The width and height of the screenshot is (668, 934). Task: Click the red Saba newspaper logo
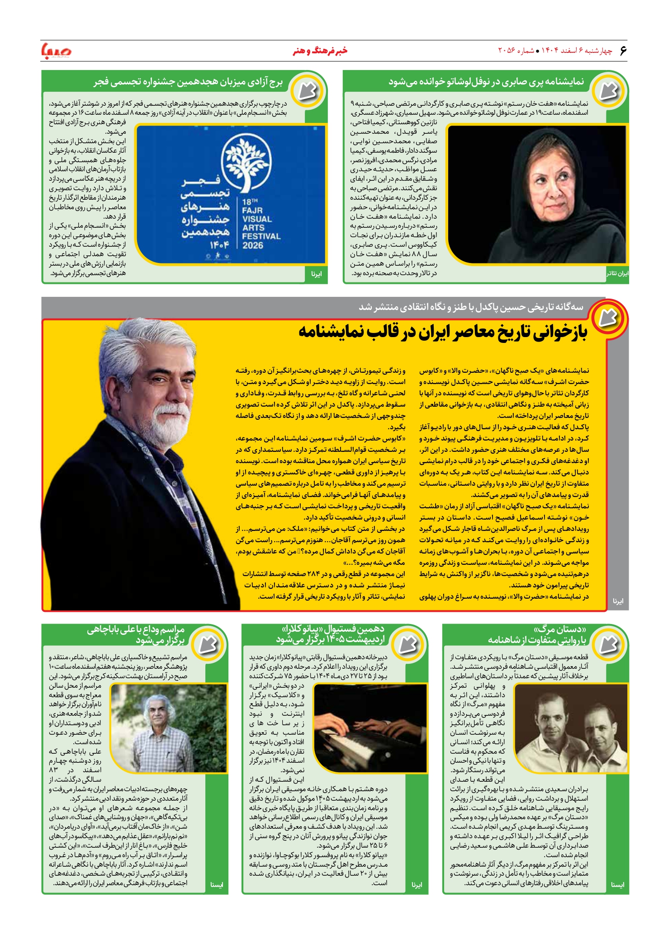[56, 51]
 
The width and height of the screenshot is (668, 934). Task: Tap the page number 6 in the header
[623, 51]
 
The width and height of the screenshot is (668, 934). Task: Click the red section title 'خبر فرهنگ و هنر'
[320, 51]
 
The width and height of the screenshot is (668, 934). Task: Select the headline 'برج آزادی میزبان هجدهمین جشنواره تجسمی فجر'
[188, 82]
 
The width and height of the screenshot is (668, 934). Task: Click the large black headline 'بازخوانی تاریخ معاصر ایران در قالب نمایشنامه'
[442, 332]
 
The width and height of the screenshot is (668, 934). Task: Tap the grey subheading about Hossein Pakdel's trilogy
[471, 307]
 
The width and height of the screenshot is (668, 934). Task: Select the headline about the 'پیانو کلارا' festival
[330, 634]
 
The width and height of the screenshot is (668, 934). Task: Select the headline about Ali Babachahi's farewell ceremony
[136, 634]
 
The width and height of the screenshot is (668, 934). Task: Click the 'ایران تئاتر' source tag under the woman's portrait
[617, 274]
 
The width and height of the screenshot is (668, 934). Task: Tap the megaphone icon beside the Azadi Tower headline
[308, 90]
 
